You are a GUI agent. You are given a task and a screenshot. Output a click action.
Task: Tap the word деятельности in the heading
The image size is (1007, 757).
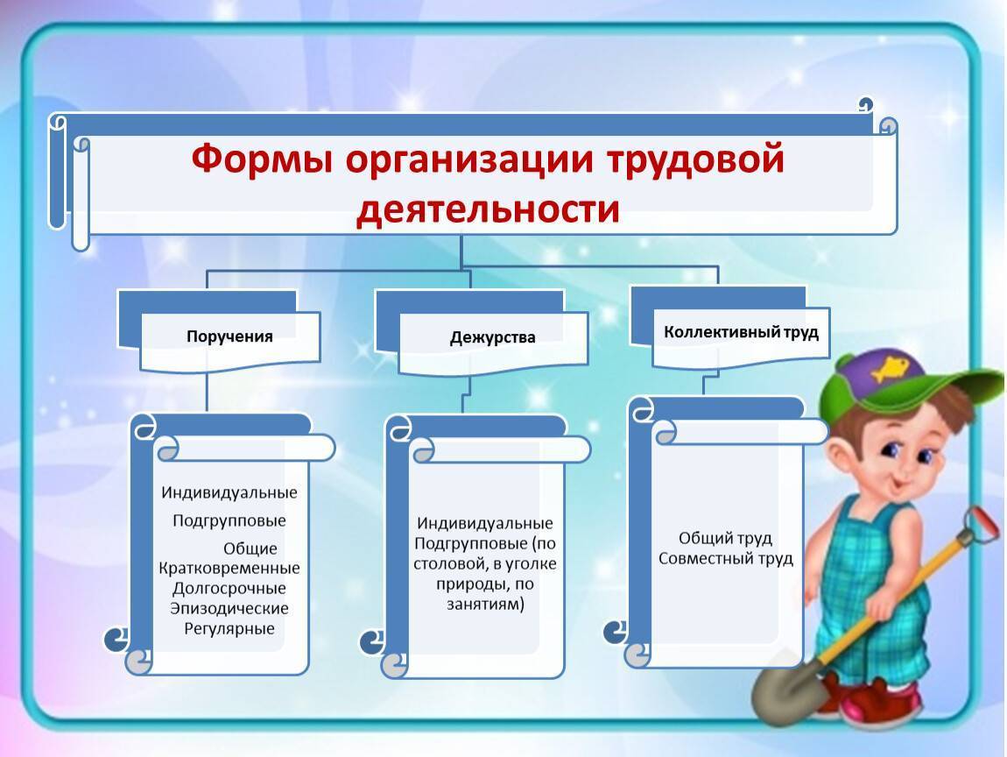click(488, 209)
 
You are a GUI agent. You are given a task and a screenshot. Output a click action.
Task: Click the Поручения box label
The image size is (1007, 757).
click(229, 336)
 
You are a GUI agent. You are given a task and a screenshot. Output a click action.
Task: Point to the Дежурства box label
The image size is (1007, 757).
click(493, 337)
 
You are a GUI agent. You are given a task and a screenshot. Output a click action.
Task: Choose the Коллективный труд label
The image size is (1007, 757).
click(741, 332)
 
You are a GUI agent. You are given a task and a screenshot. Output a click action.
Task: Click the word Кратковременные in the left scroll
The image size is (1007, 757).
click(229, 568)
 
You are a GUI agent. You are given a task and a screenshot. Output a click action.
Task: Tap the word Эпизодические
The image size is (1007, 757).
click(229, 608)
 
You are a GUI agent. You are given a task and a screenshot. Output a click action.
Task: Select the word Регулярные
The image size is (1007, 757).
click(229, 628)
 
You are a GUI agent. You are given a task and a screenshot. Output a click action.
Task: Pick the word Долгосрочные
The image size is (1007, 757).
click(229, 588)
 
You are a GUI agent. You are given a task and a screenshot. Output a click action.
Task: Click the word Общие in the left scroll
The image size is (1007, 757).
click(250, 548)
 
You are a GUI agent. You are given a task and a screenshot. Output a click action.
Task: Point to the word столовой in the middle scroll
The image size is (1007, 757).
click(449, 564)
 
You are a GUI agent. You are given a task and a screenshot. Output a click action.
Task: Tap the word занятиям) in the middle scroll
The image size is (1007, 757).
click(485, 604)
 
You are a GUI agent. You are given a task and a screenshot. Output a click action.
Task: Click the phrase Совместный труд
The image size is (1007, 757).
click(726, 558)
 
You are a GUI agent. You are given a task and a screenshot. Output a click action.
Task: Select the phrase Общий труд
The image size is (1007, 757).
click(726, 538)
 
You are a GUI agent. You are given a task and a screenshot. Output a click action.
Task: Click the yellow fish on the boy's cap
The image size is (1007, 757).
click(889, 368)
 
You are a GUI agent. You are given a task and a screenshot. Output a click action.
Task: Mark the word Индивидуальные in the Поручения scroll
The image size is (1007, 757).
click(229, 493)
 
